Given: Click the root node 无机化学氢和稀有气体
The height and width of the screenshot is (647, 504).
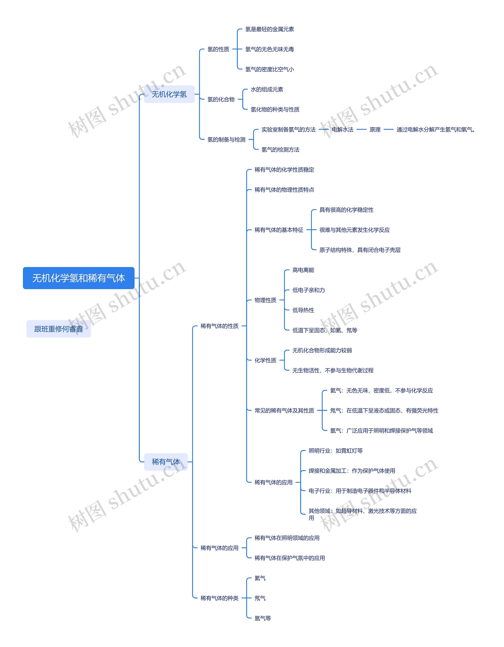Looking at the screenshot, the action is (x=79, y=278).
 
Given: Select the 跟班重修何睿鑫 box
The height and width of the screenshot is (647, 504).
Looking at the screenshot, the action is (x=59, y=329).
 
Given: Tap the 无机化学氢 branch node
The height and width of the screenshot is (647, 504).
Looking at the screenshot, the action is (x=169, y=94).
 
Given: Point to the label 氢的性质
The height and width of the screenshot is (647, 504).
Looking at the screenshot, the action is (x=218, y=49).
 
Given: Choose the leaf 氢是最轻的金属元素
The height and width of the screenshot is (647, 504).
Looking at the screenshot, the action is (x=270, y=29).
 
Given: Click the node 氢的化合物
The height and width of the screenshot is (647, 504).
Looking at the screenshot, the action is (x=221, y=99).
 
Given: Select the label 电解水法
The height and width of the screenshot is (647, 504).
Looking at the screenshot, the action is (x=342, y=129).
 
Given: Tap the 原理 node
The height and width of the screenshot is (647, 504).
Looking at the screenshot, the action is (x=375, y=129).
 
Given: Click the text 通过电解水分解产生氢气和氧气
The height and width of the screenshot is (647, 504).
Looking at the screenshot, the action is (x=435, y=129).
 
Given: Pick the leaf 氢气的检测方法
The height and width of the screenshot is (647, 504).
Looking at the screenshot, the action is (x=280, y=150).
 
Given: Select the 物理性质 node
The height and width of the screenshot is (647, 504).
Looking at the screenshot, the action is (x=265, y=300).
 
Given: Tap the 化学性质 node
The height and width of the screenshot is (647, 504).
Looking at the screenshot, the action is (x=265, y=360).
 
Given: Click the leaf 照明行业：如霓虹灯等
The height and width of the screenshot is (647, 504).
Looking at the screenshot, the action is (x=335, y=451).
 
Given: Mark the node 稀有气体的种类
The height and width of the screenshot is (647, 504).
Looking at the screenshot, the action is (x=220, y=598).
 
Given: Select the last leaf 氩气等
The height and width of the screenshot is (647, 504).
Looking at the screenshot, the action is (x=263, y=618).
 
